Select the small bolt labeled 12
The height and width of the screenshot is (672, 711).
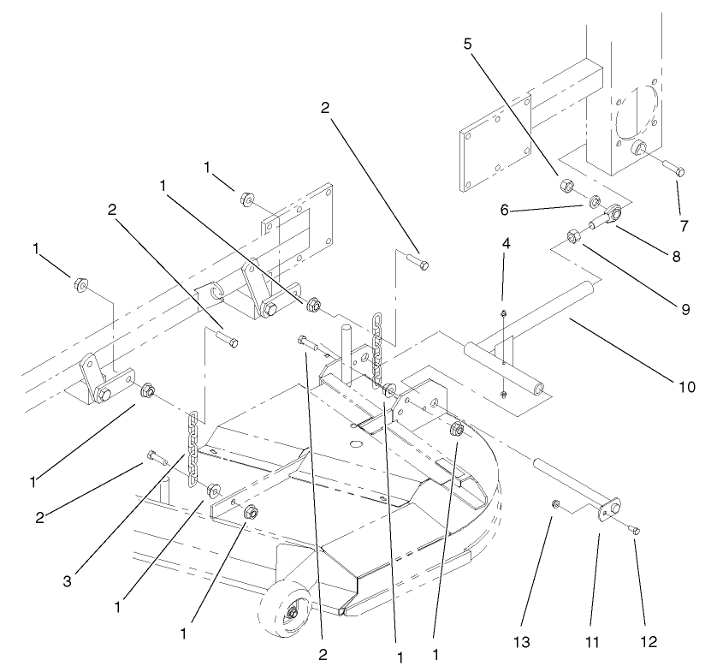coord(634,532)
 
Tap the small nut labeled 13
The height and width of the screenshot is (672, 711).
coord(556,503)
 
